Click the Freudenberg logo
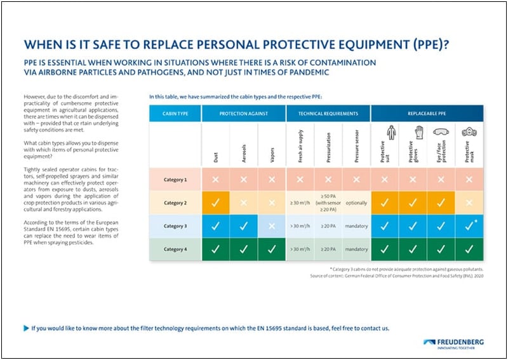tap(453, 343)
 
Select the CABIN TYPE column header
tap(175, 114)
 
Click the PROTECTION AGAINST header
tap(244, 114)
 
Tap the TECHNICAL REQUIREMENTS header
tap(328, 114)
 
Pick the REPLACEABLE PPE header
tap(427, 114)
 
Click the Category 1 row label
tap(175, 180)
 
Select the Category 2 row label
tap(175, 203)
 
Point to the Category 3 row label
tap(175, 225)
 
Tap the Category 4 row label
tap(175, 249)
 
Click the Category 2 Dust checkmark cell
tap(216, 203)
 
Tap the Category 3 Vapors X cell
tap(272, 225)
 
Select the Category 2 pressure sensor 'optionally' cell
tap(356, 203)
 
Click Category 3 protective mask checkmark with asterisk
tap(469, 225)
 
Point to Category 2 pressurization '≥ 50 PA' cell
tap(328, 203)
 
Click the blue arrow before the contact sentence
tap(26, 328)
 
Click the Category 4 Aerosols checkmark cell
tap(244, 249)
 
